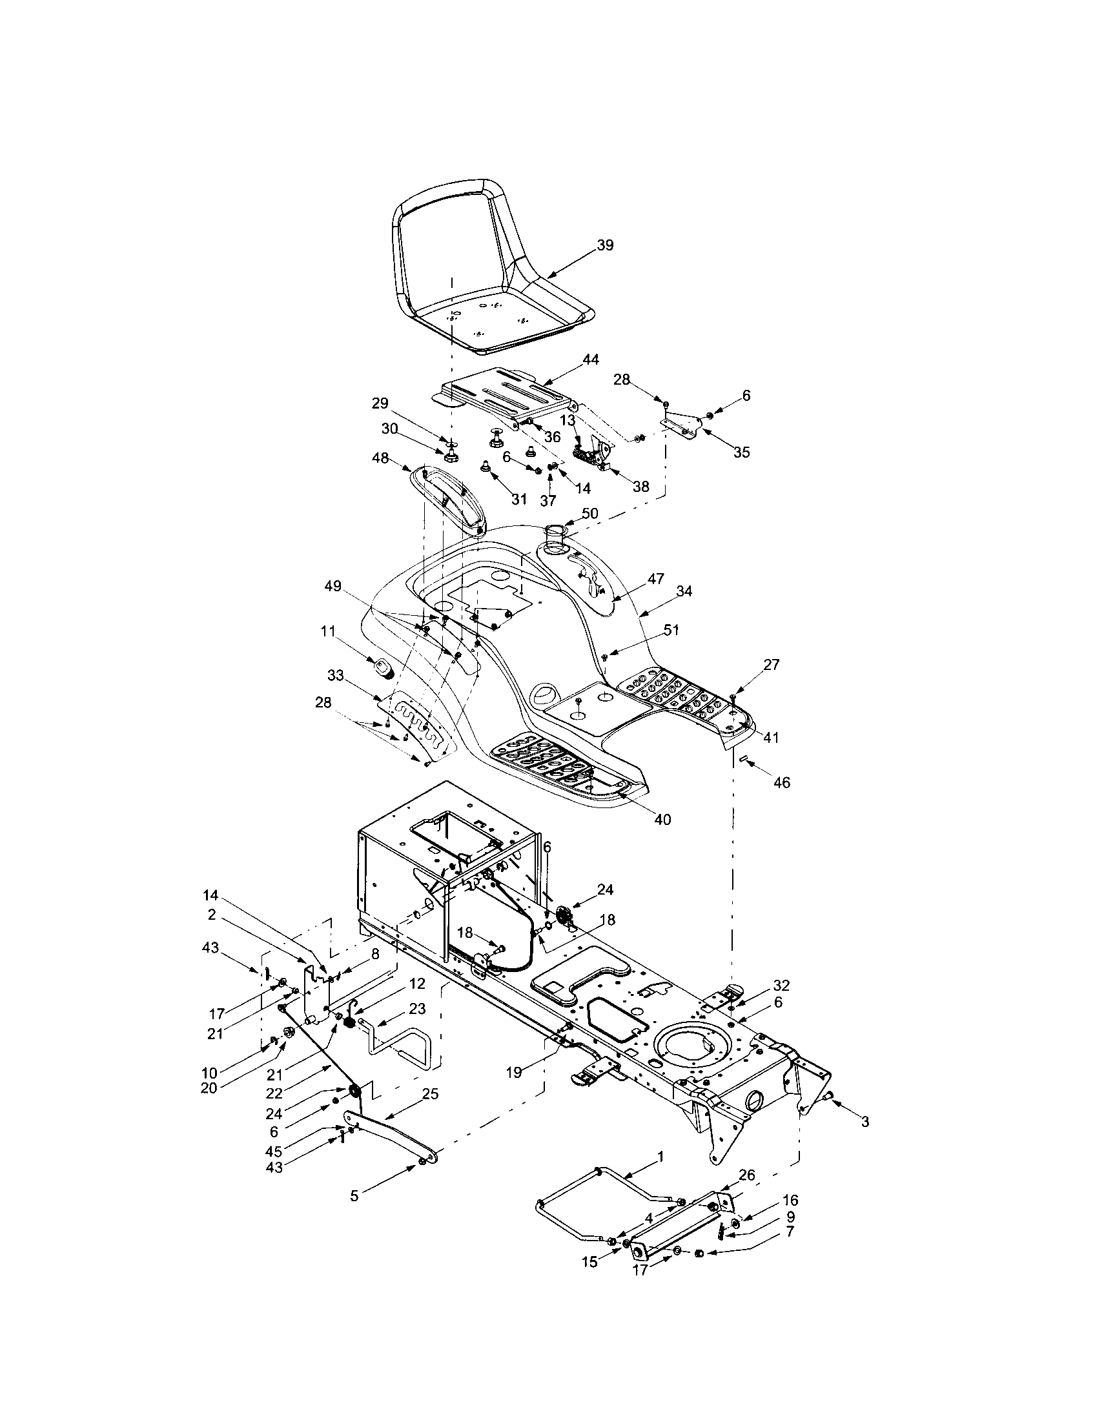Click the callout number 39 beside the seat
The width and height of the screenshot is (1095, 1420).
[x=605, y=245]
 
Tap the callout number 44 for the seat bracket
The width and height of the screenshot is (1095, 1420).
[x=591, y=360]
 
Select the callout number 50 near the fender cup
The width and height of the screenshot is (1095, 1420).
[x=589, y=514]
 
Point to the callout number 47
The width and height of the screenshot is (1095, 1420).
[x=655, y=578]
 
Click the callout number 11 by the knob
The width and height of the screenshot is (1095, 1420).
[x=327, y=630]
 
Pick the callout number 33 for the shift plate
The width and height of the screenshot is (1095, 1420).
[x=336, y=676]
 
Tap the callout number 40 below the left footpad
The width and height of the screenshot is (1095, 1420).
[x=662, y=820]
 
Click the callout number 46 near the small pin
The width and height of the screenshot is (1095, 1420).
[x=782, y=783]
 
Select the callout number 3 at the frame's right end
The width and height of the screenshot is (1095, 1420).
[x=864, y=1122]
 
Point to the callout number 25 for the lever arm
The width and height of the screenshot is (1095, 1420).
[x=431, y=1094]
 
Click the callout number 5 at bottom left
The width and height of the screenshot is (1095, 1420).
[x=354, y=1195]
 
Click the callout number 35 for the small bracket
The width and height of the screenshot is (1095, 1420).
[x=741, y=452]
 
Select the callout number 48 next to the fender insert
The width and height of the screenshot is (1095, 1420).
[x=380, y=458]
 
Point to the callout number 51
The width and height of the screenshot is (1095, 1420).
[x=670, y=629]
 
